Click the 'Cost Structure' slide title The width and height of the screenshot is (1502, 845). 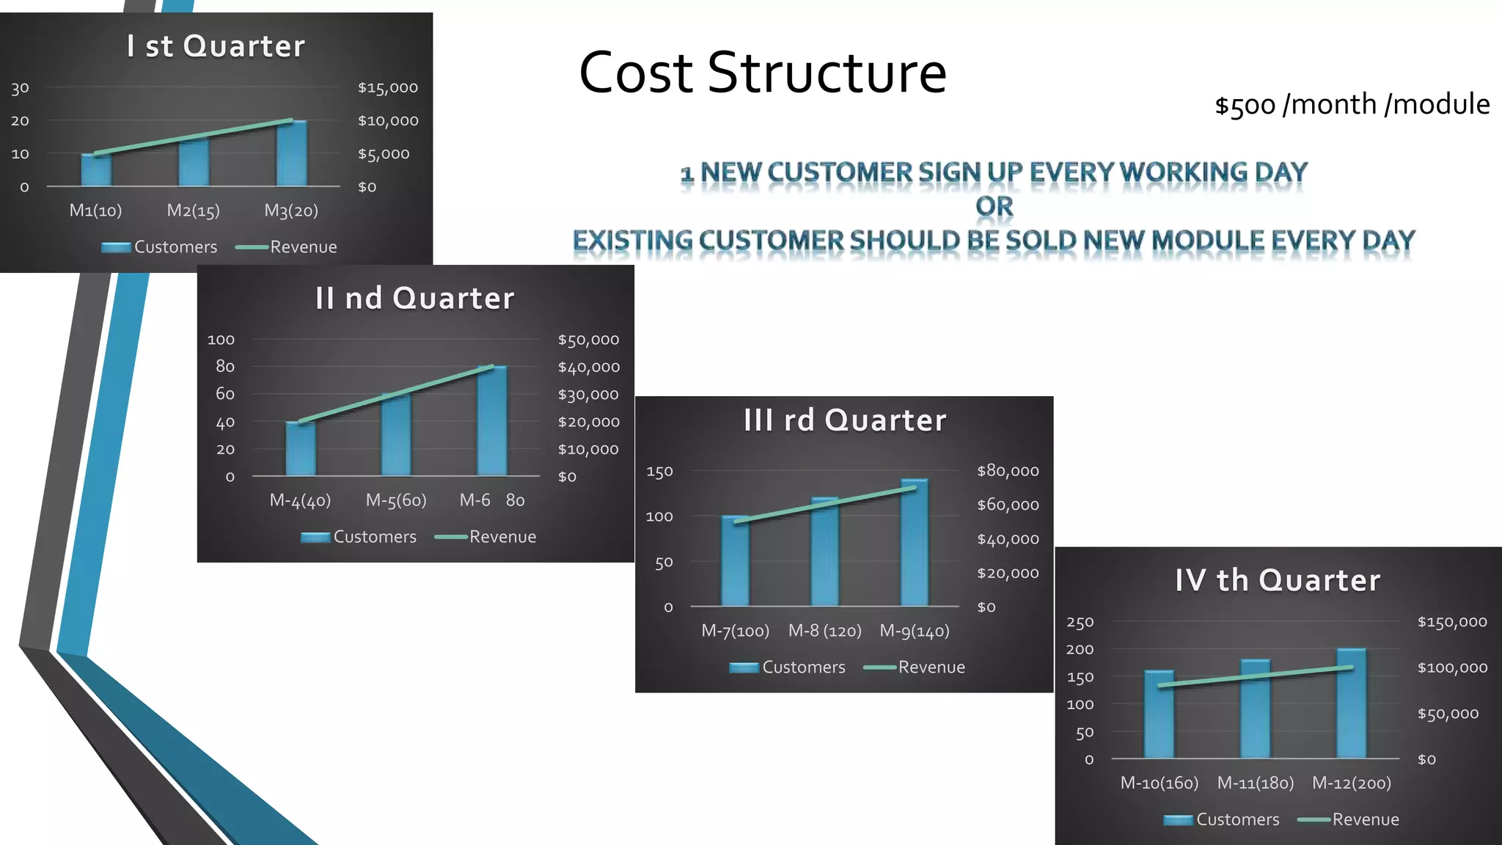[762, 73]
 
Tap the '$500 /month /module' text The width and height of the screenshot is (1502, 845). [1352, 104]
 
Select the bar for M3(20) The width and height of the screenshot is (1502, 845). [291, 154]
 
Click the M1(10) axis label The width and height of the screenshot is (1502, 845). [95, 211]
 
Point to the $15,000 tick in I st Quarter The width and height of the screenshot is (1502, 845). [387, 88]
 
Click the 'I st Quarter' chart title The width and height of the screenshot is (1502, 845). [215, 46]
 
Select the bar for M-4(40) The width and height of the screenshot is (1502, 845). [301, 449]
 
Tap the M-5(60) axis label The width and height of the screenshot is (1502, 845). [396, 500]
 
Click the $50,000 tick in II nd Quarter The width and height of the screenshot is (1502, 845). [588, 340]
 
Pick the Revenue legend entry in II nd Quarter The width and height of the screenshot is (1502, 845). [486, 537]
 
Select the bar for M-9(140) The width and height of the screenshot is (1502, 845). [915, 543]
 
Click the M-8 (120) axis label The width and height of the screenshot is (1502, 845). [824, 631]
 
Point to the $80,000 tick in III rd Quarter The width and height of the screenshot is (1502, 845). [1008, 471]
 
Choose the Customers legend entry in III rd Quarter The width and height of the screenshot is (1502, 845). [788, 667]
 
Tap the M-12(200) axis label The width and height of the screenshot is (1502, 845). [1351, 783]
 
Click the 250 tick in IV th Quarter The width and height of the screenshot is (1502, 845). [1080, 623]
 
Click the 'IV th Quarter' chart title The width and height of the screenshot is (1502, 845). [1277, 580]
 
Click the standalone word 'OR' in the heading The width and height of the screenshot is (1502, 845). [994, 206]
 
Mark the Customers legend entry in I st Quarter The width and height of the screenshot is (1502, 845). [160, 247]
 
